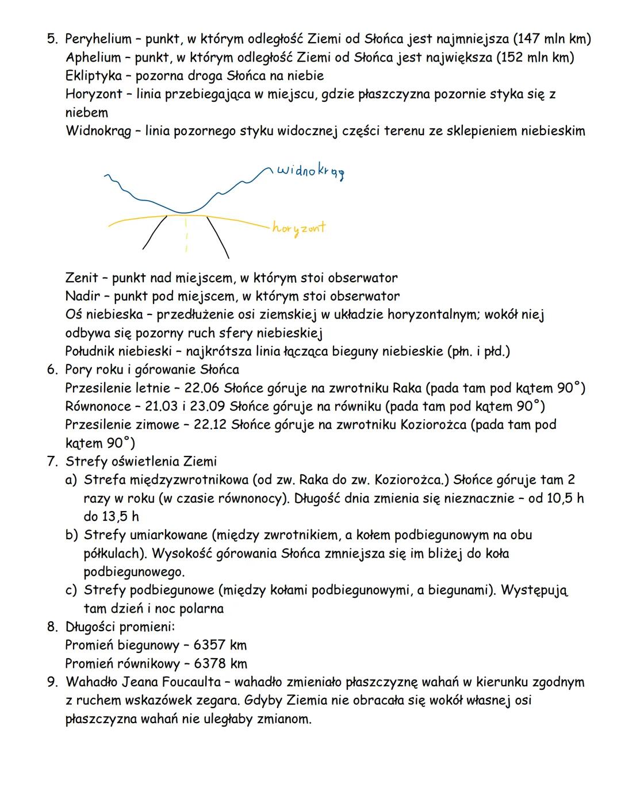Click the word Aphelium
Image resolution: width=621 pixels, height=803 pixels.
coord(93,58)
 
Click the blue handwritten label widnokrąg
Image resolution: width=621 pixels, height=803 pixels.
coord(311,171)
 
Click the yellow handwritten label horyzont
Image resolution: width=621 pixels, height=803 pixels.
coord(298,228)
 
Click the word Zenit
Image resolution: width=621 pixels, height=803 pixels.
coord(82,278)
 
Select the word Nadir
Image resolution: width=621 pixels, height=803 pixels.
coord(82,297)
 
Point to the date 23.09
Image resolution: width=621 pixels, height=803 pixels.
coord(206,407)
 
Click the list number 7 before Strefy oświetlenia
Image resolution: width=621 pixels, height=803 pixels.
coord(52,462)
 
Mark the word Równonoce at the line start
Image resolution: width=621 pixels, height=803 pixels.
coord(98,407)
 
